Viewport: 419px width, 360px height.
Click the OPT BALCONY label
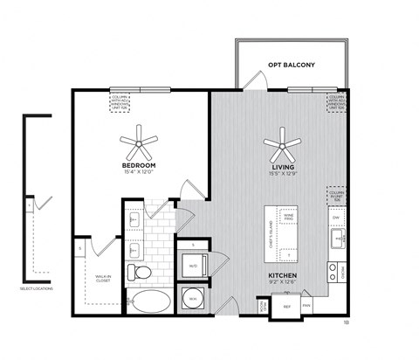pyautogui.click(x=291, y=65)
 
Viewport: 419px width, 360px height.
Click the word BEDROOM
pyautogui.click(x=139, y=164)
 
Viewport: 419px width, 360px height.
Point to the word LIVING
pyautogui.click(x=282, y=164)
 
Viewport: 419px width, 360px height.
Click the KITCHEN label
pyautogui.click(x=283, y=275)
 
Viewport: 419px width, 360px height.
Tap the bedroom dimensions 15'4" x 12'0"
pyautogui.click(x=139, y=171)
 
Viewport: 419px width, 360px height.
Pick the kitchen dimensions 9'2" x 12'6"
pyautogui.click(x=283, y=282)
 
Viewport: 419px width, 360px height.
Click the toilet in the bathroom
pyautogui.click(x=139, y=272)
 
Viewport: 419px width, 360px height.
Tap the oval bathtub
pyautogui.click(x=150, y=305)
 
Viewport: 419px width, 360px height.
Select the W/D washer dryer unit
pyautogui.click(x=192, y=263)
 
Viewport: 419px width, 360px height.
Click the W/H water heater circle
pyautogui.click(x=192, y=300)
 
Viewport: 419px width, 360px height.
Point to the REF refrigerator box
pyautogui.click(x=286, y=307)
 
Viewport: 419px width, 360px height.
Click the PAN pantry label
pyautogui.click(x=306, y=307)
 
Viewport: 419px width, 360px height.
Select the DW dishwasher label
pyautogui.click(x=335, y=217)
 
